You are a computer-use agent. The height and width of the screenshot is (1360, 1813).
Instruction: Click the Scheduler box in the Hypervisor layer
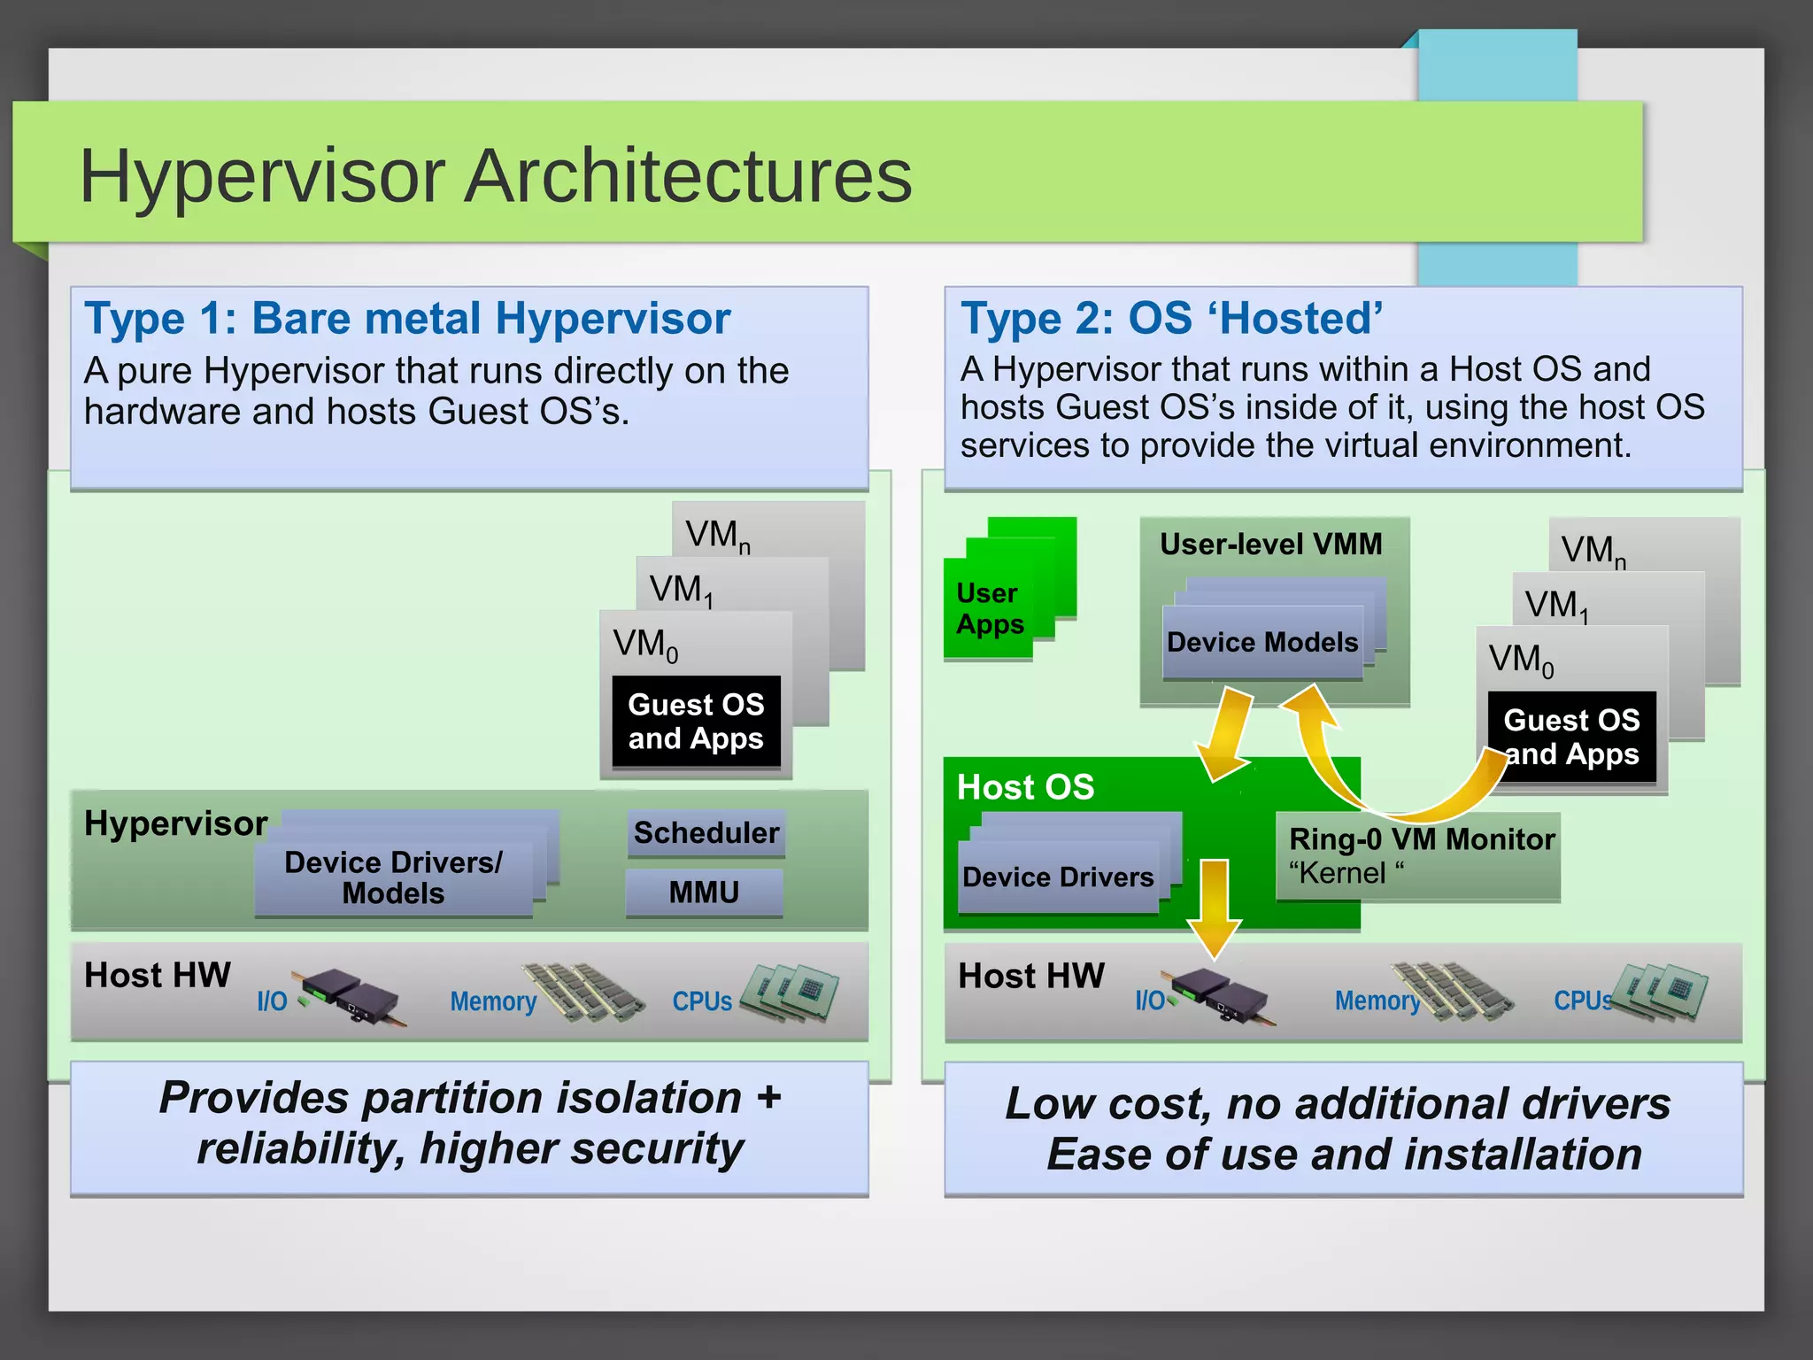[x=706, y=833]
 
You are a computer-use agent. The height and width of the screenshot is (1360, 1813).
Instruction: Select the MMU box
[x=704, y=892]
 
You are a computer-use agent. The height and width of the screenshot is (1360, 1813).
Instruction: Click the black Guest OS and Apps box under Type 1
[x=696, y=722]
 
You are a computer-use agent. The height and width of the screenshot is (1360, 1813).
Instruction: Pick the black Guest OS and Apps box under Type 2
[x=1571, y=737]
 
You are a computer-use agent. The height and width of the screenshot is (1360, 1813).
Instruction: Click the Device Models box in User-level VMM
[x=1261, y=643]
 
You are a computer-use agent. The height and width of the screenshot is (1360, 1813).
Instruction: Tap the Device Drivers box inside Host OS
[x=1058, y=877]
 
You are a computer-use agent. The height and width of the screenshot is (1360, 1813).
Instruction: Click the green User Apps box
[x=989, y=609]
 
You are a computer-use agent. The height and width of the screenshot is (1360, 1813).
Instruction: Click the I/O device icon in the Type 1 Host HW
[x=352, y=997]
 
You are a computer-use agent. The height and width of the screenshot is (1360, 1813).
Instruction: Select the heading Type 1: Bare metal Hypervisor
[x=406, y=319]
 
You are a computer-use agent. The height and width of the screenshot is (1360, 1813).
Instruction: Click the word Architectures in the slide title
[x=688, y=176]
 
